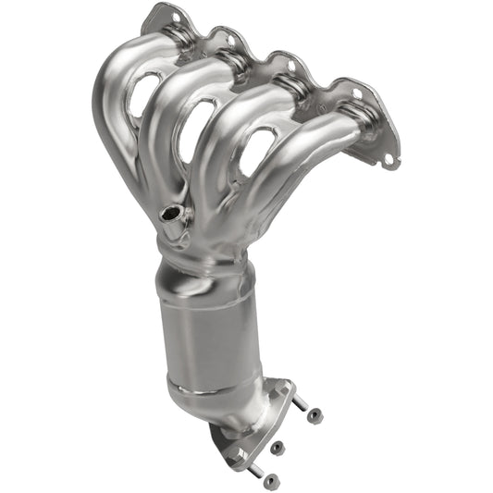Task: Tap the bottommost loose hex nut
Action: click(x=271, y=480)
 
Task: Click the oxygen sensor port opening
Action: click(x=169, y=215)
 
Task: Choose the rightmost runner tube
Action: click(x=314, y=148)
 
